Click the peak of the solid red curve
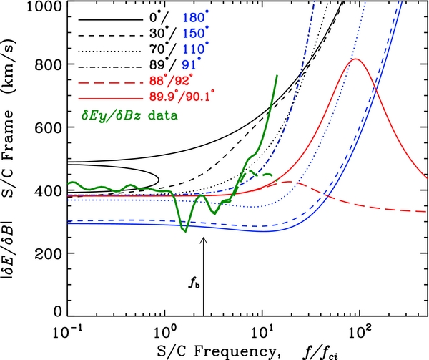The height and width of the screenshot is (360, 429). coord(355,59)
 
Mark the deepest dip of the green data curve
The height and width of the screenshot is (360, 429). coord(186,230)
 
